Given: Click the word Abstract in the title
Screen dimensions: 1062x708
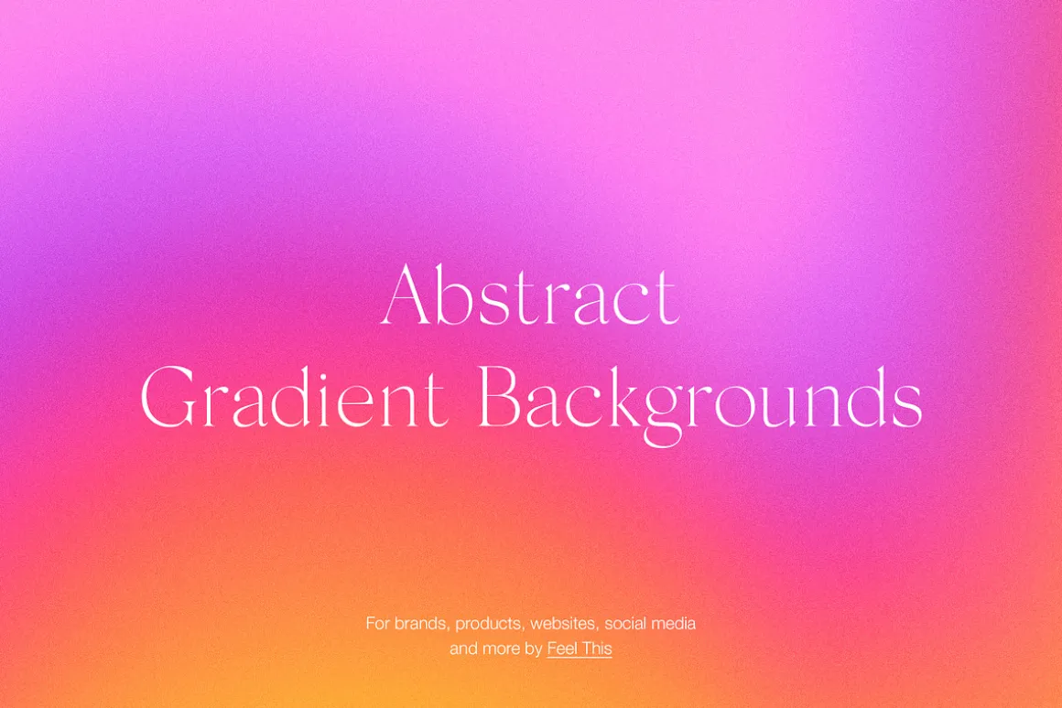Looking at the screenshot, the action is [530, 295].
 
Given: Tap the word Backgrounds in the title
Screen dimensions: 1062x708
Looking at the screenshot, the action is [700, 404].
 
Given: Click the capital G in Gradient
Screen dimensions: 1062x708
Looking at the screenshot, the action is [168, 397].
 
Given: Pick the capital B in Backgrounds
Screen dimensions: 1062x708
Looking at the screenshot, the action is [501, 397].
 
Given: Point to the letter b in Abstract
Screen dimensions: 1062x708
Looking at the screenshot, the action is [454, 295].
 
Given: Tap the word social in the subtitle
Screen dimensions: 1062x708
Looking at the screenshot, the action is [624, 624].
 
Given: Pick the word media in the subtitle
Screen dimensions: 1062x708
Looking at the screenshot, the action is [673, 624].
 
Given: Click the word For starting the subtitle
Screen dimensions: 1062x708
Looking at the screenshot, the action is [378, 624].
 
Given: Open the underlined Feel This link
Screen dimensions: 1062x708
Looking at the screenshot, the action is [580, 649].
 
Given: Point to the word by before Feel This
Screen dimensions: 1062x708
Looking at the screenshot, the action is [534, 649].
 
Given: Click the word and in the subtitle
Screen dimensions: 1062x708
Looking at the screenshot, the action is [464, 649].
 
